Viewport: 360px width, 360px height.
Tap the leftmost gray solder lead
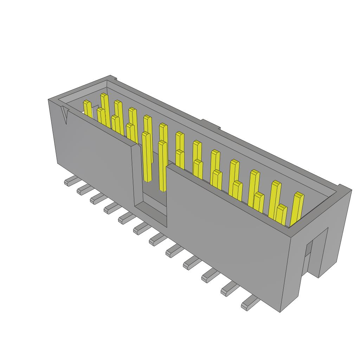click(x=71, y=181)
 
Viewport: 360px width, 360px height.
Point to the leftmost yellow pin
click(x=87, y=107)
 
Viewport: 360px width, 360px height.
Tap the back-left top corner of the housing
click(x=111, y=76)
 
